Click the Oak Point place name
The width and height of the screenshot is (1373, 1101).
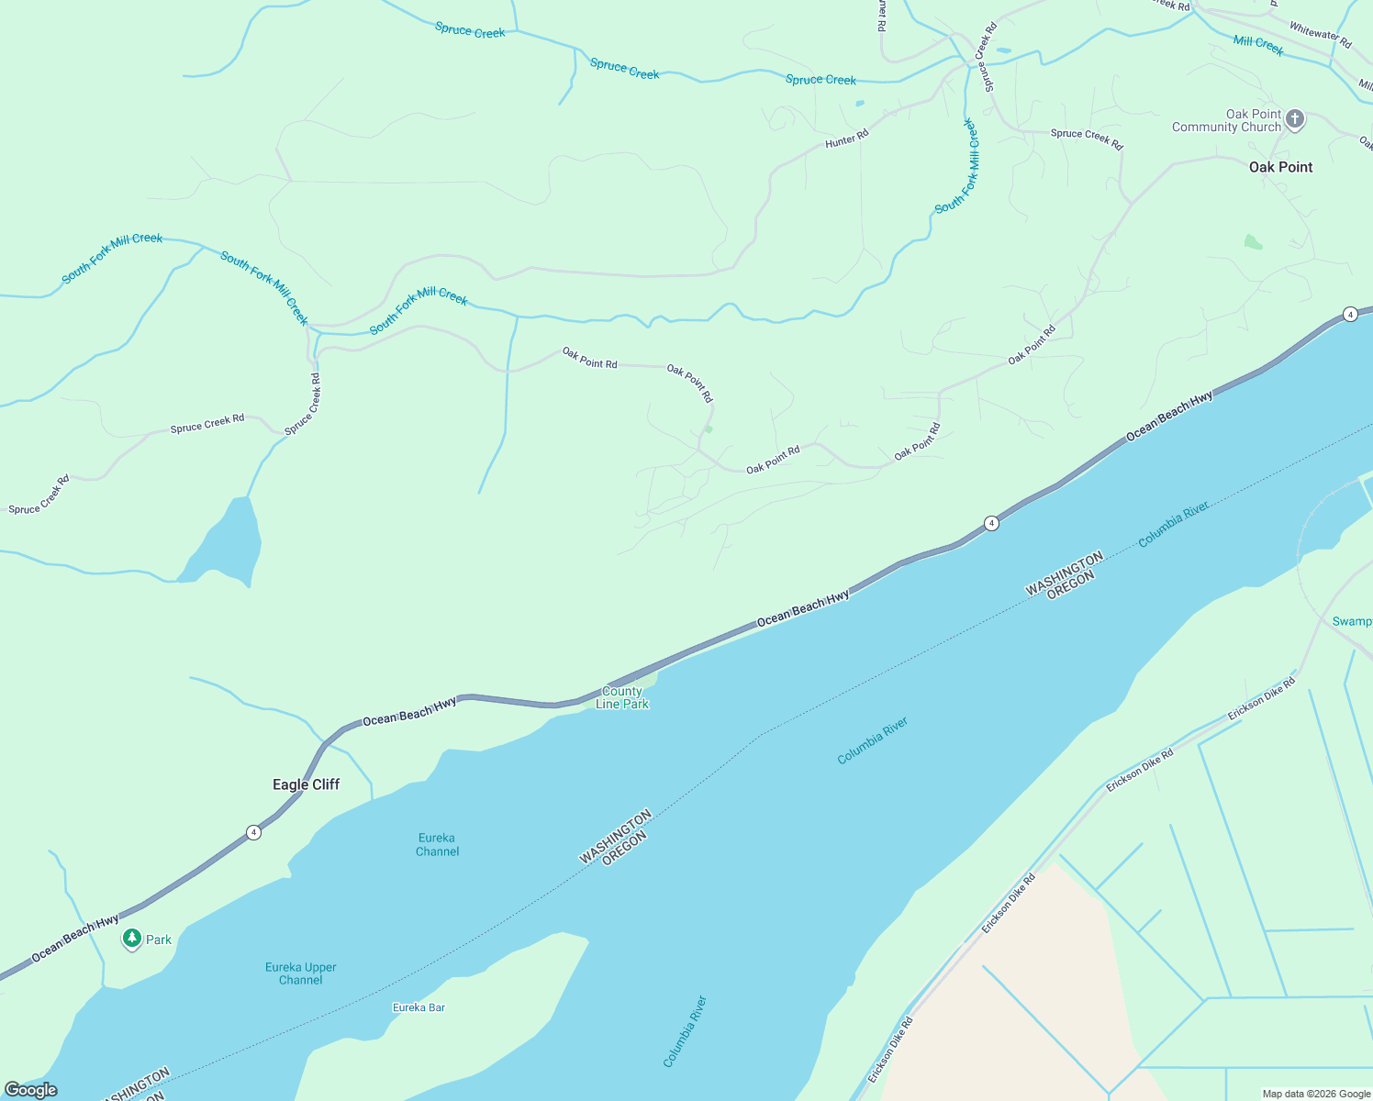tap(1280, 167)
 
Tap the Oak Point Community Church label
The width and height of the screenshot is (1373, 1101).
tap(1226, 121)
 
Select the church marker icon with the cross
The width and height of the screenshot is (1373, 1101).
tap(1294, 119)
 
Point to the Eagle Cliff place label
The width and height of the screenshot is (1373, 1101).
tap(306, 784)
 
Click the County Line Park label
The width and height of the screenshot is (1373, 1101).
tap(622, 698)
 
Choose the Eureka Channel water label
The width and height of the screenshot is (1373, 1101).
tap(437, 844)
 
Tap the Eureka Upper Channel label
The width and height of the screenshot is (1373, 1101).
tap(301, 973)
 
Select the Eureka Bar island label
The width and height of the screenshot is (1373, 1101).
tap(419, 1007)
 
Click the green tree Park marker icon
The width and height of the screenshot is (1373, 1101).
tap(132, 939)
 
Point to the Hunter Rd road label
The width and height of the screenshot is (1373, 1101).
tap(846, 139)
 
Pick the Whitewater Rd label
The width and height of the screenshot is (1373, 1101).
tap(1320, 35)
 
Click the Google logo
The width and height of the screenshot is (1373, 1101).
tap(31, 1090)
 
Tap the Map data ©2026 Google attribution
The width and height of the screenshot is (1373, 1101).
tap(1316, 1094)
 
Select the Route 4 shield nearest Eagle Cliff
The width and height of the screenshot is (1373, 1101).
tap(253, 832)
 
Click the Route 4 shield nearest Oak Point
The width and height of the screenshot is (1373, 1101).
tap(1349, 315)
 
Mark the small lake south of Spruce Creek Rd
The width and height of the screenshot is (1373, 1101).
tap(229, 541)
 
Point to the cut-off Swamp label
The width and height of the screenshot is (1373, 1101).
tap(1352, 621)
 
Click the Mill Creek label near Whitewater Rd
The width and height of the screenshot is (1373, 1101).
tap(1258, 45)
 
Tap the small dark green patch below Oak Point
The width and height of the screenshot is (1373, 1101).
tap(1253, 242)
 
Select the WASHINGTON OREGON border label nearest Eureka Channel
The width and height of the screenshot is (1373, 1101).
tap(616, 838)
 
